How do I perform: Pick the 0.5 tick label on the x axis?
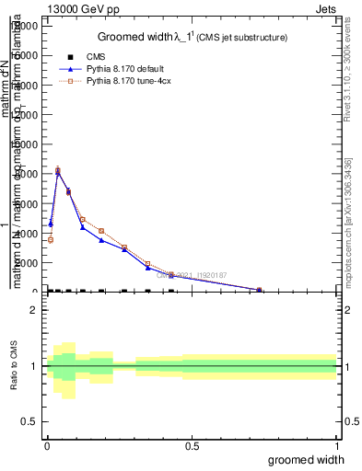192,447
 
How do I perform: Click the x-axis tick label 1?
336,447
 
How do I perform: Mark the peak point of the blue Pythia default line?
58,172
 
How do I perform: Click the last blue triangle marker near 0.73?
259,290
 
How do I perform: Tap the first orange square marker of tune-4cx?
51,239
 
